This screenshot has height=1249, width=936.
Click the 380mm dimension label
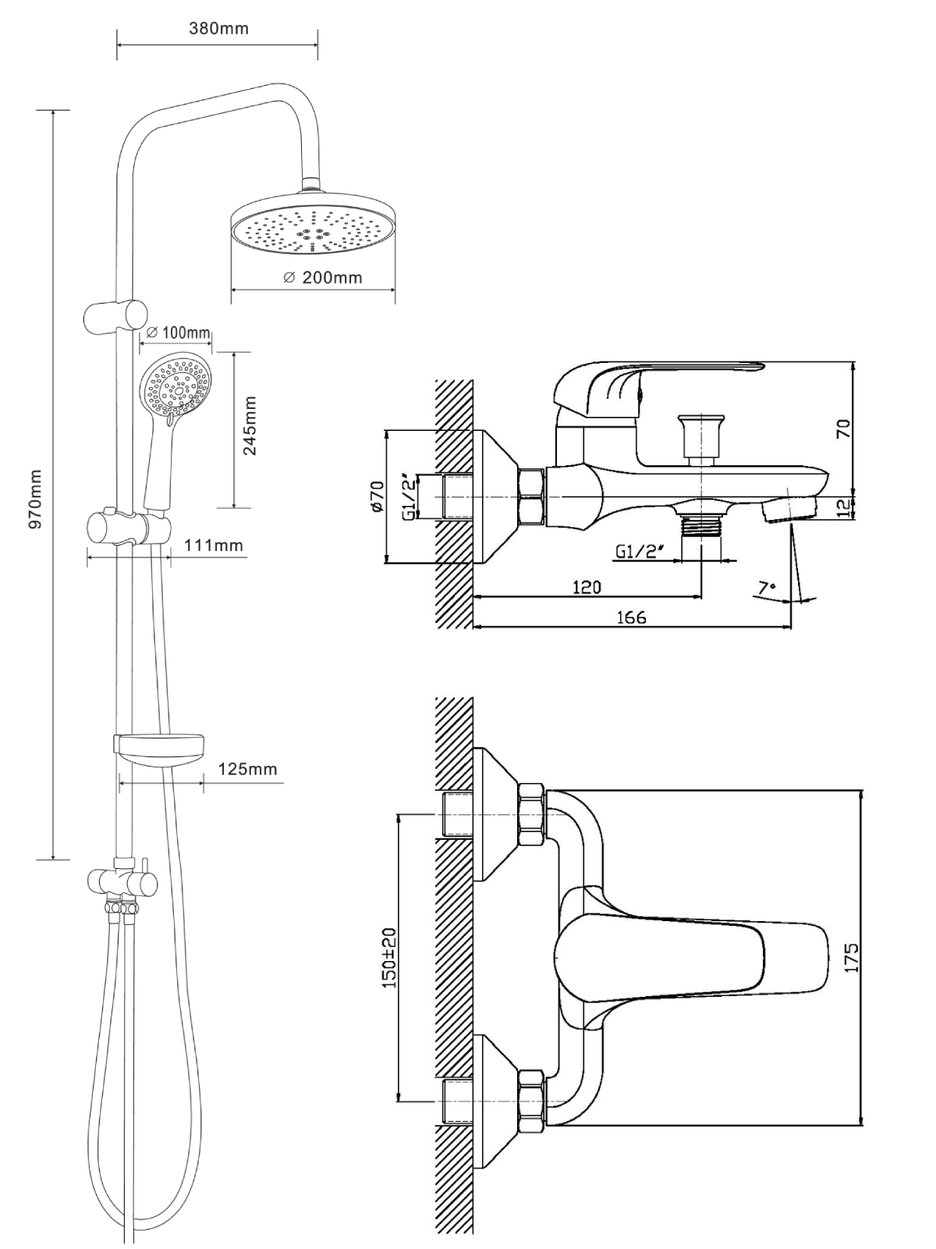click(218, 29)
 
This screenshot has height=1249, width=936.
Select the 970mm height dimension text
click(35, 500)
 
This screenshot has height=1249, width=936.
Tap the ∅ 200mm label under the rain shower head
click(323, 277)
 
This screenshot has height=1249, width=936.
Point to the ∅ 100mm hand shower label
click(178, 333)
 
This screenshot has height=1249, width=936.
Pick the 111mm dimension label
click(214, 546)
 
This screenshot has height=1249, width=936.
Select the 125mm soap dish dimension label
click(247, 769)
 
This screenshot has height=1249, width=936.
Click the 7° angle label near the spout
click(768, 586)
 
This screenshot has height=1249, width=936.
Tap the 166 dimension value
click(630, 617)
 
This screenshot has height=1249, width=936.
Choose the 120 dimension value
click(586, 586)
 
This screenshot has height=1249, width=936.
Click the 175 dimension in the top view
click(852, 957)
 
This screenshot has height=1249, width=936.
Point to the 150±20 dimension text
click(390, 957)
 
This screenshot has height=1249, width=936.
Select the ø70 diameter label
click(378, 496)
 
